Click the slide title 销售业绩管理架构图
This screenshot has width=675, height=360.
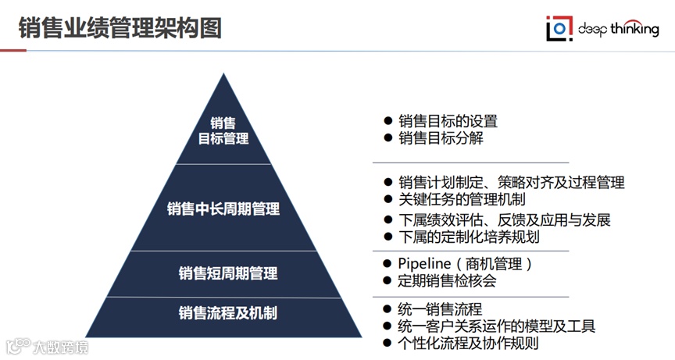(x=120, y=27)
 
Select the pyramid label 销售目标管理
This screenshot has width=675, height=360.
(x=223, y=131)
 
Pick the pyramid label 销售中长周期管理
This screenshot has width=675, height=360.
(x=223, y=209)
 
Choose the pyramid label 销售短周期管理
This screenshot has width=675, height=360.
(x=228, y=273)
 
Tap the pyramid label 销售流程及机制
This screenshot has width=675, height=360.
(x=228, y=314)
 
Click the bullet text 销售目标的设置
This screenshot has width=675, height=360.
(x=448, y=121)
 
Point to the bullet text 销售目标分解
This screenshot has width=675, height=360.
(x=441, y=138)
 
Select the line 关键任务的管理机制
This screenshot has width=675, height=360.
(x=462, y=199)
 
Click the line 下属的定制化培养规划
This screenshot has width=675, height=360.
(x=469, y=237)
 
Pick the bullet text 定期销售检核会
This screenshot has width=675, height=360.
(x=448, y=280)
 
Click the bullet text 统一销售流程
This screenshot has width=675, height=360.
(x=441, y=308)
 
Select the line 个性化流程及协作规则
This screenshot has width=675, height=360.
(x=469, y=343)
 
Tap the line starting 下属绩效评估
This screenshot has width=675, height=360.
(x=504, y=219)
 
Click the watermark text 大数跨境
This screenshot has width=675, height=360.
(x=59, y=346)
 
